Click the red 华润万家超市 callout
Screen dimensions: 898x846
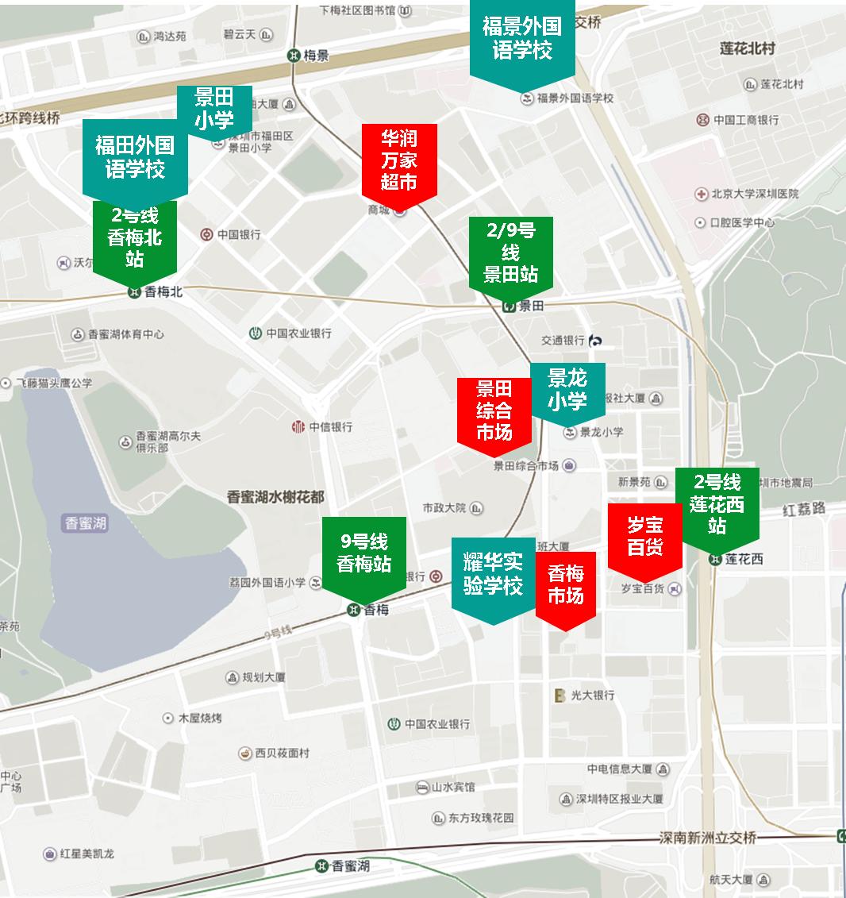point(398,160)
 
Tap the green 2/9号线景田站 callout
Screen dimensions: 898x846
point(510,252)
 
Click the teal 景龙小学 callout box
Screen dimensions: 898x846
point(567,390)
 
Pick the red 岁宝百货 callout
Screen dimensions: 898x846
point(644,536)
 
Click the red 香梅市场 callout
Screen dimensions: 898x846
point(565,585)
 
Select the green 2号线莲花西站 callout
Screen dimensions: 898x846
point(717,504)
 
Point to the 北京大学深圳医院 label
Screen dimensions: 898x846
point(754,194)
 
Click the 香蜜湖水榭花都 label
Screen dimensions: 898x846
point(275,497)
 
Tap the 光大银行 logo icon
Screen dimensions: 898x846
point(560,695)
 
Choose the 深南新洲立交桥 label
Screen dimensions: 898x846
point(708,838)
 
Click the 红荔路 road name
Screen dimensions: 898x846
point(803,509)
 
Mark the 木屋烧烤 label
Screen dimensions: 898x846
point(200,718)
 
